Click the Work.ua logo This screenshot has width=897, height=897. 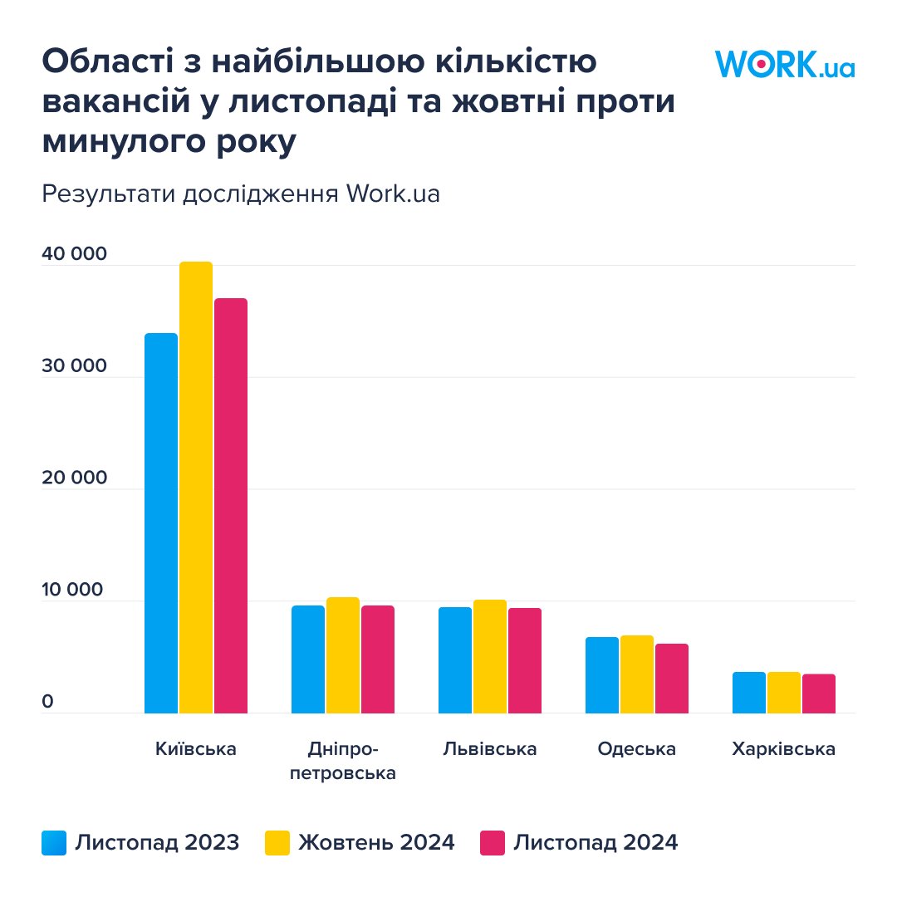point(784,64)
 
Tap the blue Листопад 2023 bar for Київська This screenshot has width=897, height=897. point(161,523)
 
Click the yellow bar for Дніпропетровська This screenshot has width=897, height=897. point(342,655)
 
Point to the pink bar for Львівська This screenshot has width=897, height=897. point(525,660)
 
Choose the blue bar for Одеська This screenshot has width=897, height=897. point(602,674)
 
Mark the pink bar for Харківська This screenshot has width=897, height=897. point(819,694)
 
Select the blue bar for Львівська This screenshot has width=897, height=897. point(455,660)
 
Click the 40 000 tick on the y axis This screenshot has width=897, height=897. point(75,254)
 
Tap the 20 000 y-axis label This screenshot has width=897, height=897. point(75,478)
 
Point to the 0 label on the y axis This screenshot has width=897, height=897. point(47,703)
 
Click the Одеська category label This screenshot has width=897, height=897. point(636,749)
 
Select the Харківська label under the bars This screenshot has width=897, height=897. point(783,749)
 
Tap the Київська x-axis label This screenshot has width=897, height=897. point(196,749)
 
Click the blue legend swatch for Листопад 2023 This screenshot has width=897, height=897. point(54,843)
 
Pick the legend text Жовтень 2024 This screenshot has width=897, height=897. point(376,843)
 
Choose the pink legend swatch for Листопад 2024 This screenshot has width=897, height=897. point(493,843)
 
